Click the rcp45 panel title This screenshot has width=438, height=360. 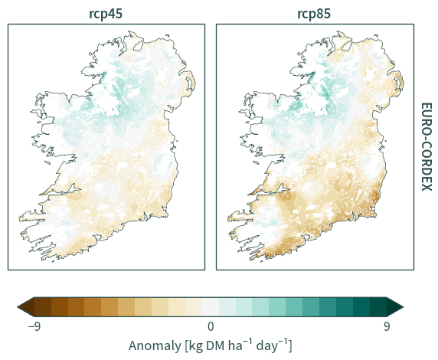[106, 14]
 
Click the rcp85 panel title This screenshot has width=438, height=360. [314, 14]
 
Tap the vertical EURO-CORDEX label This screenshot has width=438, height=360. [427, 147]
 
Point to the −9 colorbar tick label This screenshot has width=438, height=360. [34, 326]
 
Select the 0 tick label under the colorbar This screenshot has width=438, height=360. [211, 326]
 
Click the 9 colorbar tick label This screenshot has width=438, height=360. [387, 326]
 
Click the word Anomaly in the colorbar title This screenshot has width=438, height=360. [155, 346]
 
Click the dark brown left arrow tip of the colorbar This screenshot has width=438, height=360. [18, 307]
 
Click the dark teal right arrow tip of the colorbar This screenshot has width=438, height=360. [403, 307]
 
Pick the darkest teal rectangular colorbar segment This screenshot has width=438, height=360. [378, 307]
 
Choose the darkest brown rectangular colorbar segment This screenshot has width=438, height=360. [43, 307]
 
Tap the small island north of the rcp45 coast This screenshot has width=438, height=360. [168, 36]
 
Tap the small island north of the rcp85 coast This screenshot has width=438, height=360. [376, 36]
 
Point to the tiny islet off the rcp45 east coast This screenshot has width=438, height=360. [177, 141]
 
